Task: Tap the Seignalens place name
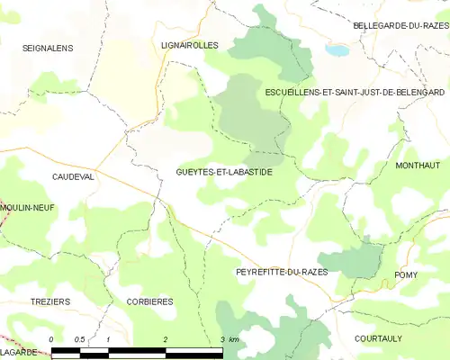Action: (x=48, y=48)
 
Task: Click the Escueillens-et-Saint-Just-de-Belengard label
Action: (x=355, y=92)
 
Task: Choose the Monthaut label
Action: (x=418, y=166)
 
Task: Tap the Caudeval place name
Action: (x=73, y=177)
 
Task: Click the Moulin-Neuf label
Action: (x=29, y=207)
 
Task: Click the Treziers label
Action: (x=49, y=301)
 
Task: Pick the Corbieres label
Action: (x=149, y=301)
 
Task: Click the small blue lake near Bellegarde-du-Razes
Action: (x=337, y=51)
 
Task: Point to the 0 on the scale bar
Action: (x=52, y=339)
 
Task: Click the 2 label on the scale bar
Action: (x=166, y=339)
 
